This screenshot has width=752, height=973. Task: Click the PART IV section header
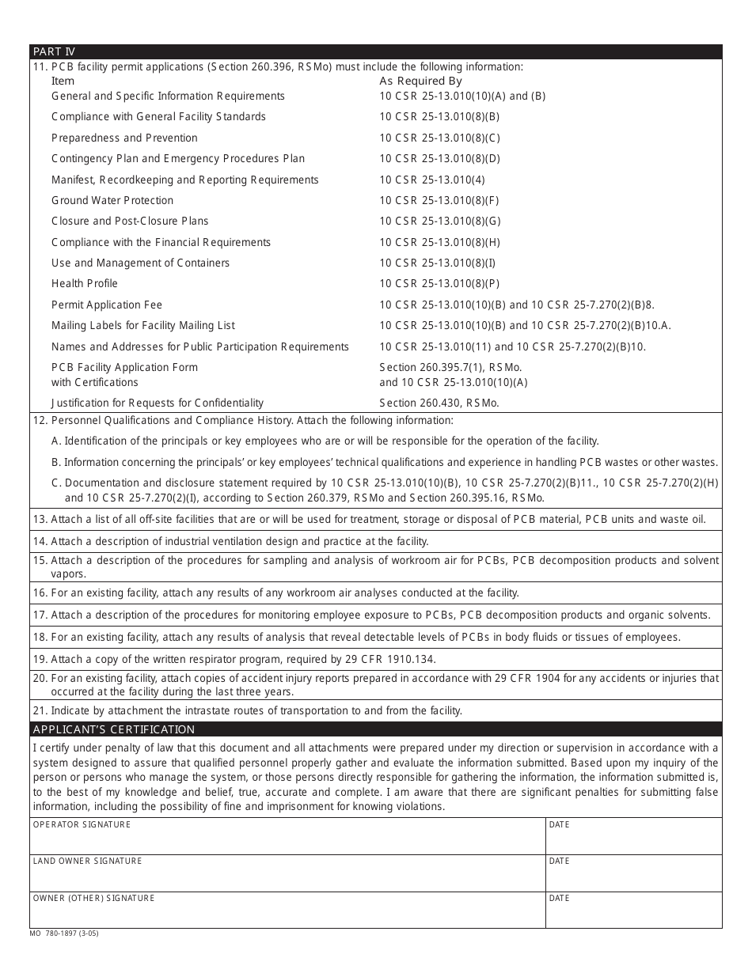54,51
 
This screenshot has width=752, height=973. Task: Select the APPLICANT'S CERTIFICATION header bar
113,729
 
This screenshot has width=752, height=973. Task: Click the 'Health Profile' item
85,283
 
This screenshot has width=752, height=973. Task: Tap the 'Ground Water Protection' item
112,200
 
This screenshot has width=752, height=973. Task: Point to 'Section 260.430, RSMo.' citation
439,403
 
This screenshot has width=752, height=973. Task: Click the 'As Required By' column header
420,81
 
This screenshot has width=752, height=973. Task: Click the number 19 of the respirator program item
40,659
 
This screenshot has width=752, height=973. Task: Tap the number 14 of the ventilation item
40,541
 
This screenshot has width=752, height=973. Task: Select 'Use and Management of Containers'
140,263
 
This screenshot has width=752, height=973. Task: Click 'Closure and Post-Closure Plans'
130,221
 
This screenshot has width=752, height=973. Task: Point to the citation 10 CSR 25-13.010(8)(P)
439,283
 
